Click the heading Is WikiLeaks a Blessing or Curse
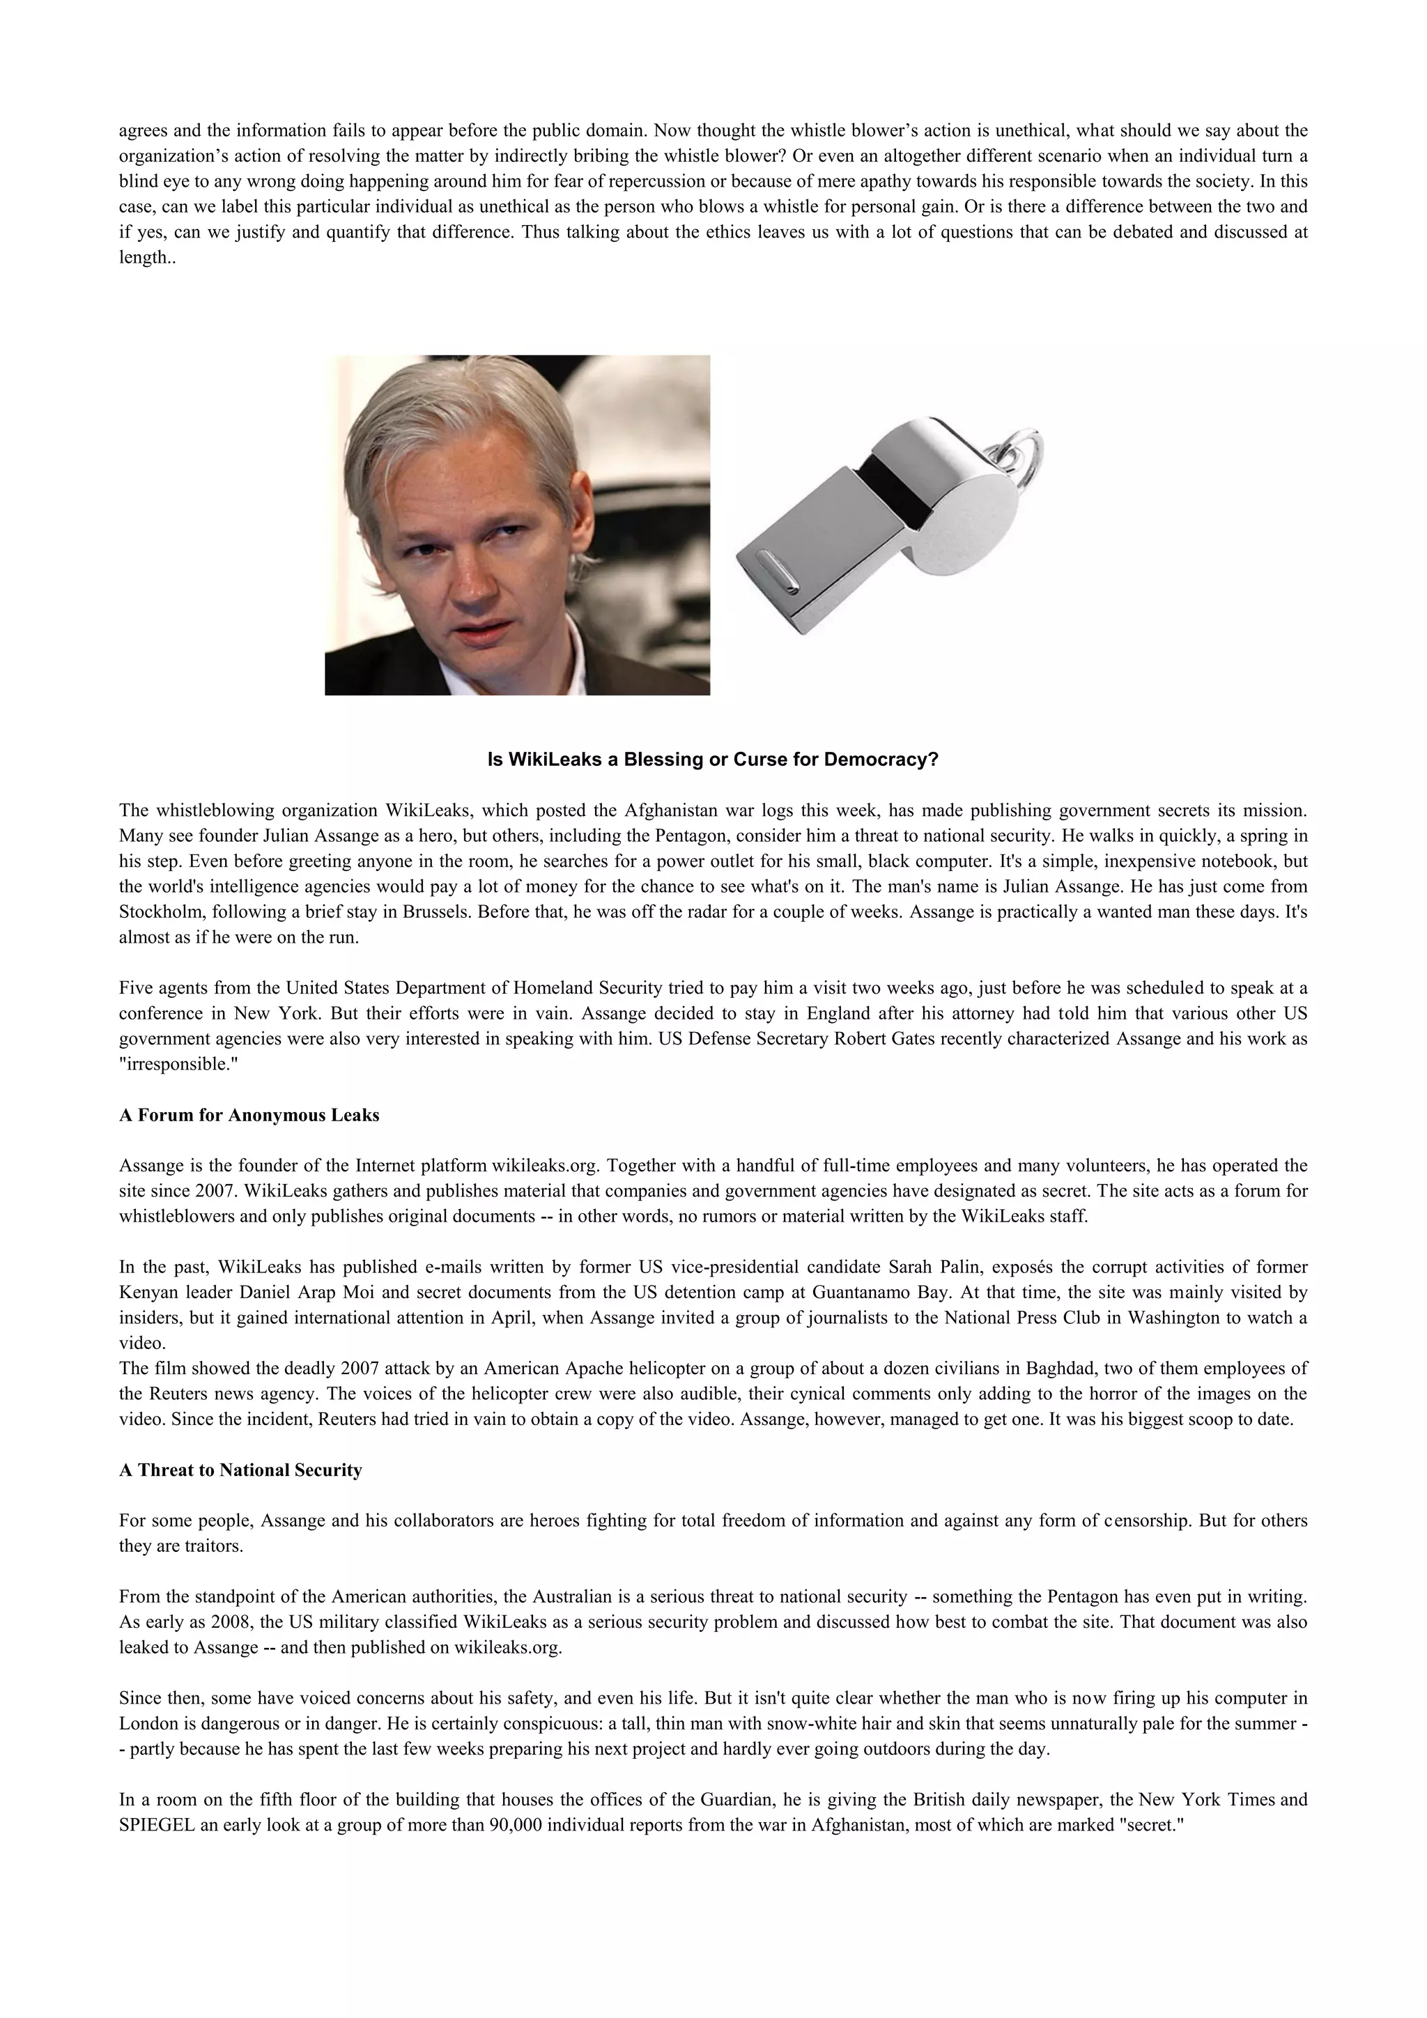(x=713, y=760)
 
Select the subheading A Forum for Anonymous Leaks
(x=249, y=1116)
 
